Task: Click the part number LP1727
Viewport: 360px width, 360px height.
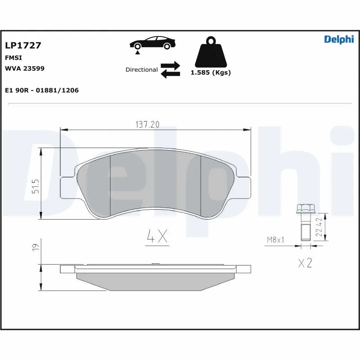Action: pos(23,45)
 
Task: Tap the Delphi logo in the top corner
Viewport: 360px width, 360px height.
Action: pos(339,40)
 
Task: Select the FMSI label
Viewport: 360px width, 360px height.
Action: pos(13,58)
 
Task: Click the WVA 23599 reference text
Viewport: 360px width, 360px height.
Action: pos(24,68)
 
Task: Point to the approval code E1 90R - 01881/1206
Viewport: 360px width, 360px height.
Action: pos(42,90)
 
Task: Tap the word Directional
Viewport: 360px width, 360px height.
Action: pos(141,70)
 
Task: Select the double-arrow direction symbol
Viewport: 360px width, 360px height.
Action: pos(171,70)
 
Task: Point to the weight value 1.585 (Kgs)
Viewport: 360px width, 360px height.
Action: pos(211,72)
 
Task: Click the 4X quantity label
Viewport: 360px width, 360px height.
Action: pos(157,237)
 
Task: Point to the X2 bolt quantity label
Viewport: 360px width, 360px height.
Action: pos(305,263)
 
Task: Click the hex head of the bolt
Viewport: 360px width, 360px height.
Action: pos(305,209)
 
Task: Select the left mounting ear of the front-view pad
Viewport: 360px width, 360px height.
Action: pos(67,187)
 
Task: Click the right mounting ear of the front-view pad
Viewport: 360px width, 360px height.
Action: pos(243,186)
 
